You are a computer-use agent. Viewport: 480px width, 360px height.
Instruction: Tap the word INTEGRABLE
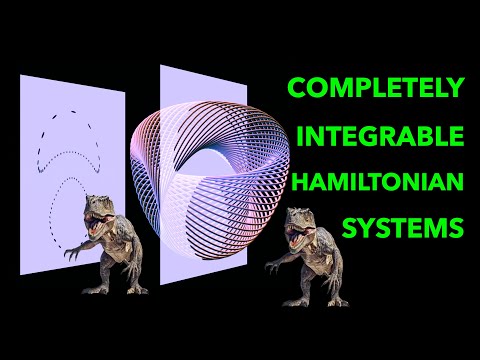click(391, 134)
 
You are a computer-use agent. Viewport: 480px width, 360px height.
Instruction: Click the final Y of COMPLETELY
click(456, 87)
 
